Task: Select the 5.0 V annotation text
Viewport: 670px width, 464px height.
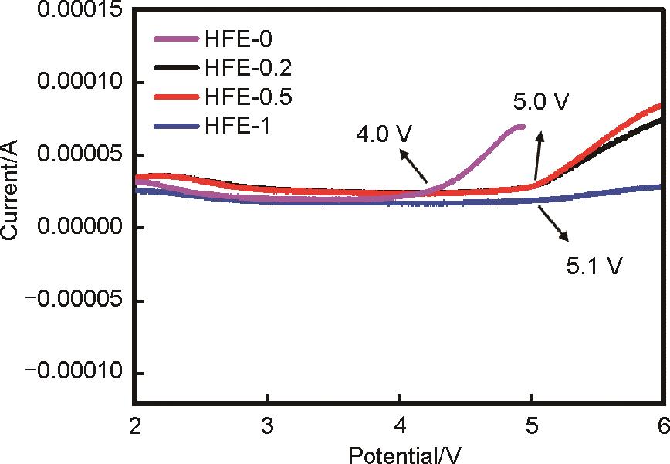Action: point(540,101)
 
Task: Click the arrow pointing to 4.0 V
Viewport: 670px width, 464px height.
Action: point(412,165)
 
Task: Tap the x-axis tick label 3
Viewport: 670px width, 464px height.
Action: point(267,424)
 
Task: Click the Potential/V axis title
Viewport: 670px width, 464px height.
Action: point(398,452)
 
